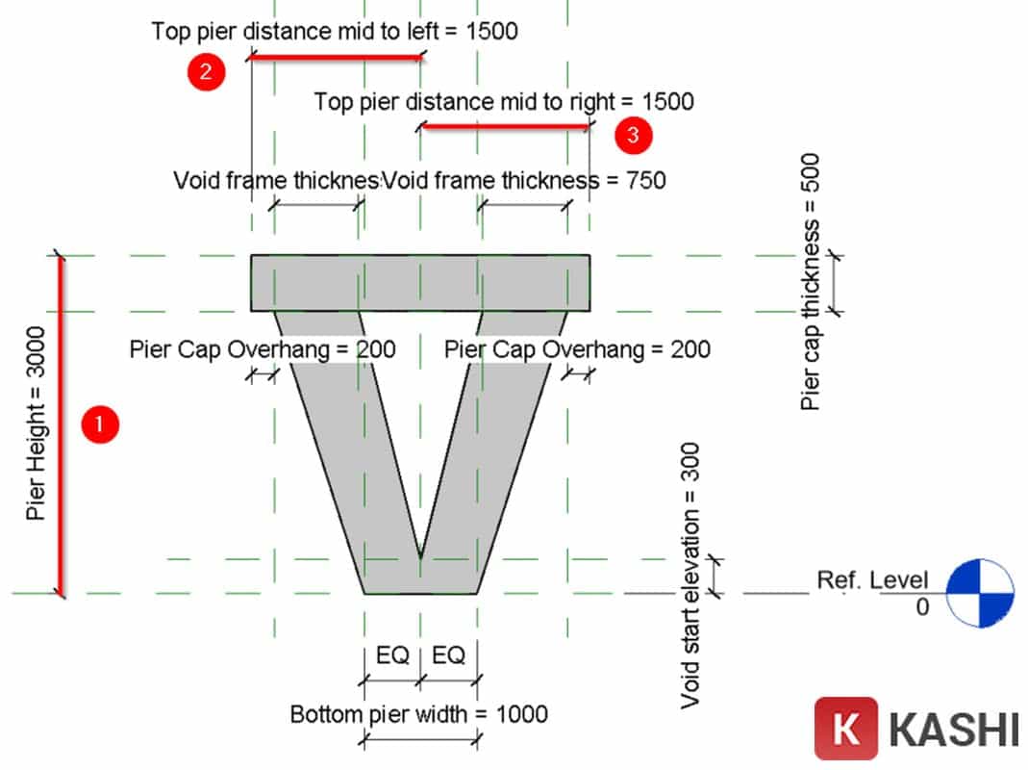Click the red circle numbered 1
pyautogui.click(x=100, y=424)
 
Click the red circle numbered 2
pyautogui.click(x=206, y=72)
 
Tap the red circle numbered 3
pyautogui.click(x=633, y=136)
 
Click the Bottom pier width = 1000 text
pyautogui.click(x=419, y=714)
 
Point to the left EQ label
pyautogui.click(x=392, y=655)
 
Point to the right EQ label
pyautogui.click(x=449, y=655)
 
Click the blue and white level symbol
pyautogui.click(x=980, y=593)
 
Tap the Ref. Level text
pyautogui.click(x=872, y=579)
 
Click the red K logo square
pyautogui.click(x=846, y=729)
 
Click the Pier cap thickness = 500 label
pyautogui.click(x=813, y=281)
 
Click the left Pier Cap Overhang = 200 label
pyautogui.click(x=262, y=348)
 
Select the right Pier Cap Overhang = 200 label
pyautogui.click(x=577, y=348)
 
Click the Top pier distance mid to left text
pyautogui.click(x=334, y=31)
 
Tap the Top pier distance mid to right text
pyautogui.click(x=504, y=101)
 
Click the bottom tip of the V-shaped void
pyautogui.click(x=420, y=556)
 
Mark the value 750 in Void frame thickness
pyautogui.click(x=646, y=179)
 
